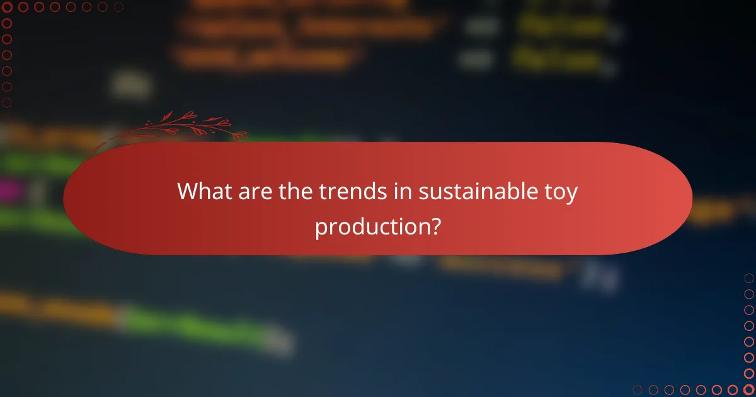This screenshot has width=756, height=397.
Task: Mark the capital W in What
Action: [x=187, y=192]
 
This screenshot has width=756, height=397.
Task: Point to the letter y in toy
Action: [x=571, y=194]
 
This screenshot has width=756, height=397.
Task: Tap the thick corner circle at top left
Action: [x=8, y=8]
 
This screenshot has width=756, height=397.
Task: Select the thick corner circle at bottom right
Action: [x=748, y=389]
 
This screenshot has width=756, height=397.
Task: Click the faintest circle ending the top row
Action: [x=118, y=8]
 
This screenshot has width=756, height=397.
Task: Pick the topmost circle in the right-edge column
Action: [x=748, y=278]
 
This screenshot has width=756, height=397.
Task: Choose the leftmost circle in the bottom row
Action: [x=638, y=389]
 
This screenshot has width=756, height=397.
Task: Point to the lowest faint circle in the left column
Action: [x=8, y=118]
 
